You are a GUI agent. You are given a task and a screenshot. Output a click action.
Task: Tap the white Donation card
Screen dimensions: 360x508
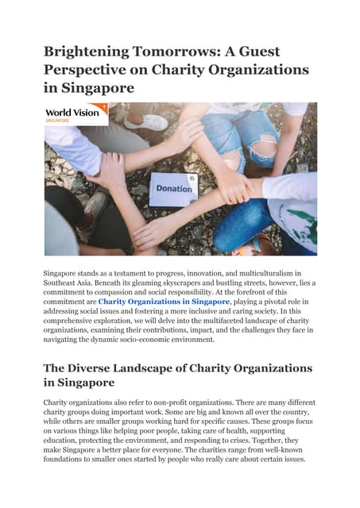pyautogui.click(x=174, y=189)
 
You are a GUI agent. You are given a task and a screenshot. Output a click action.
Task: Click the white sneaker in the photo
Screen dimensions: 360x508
pyautogui.click(x=146, y=122)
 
